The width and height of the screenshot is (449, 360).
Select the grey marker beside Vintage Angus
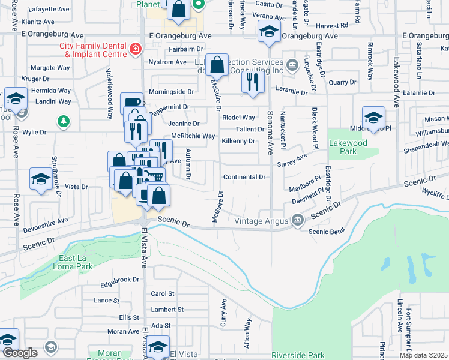pyautogui.click(x=297, y=221)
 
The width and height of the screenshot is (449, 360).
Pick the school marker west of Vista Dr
pyautogui.click(x=41, y=179)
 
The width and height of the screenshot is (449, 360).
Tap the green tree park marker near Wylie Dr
pyautogui.click(x=63, y=122)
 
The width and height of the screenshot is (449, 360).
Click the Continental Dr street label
pyautogui.click(x=244, y=177)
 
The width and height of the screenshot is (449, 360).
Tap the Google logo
pyautogui.click(x=20, y=353)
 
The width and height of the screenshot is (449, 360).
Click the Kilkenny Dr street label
pyautogui.click(x=238, y=141)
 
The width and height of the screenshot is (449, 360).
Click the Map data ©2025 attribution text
pyautogui.click(x=424, y=355)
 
